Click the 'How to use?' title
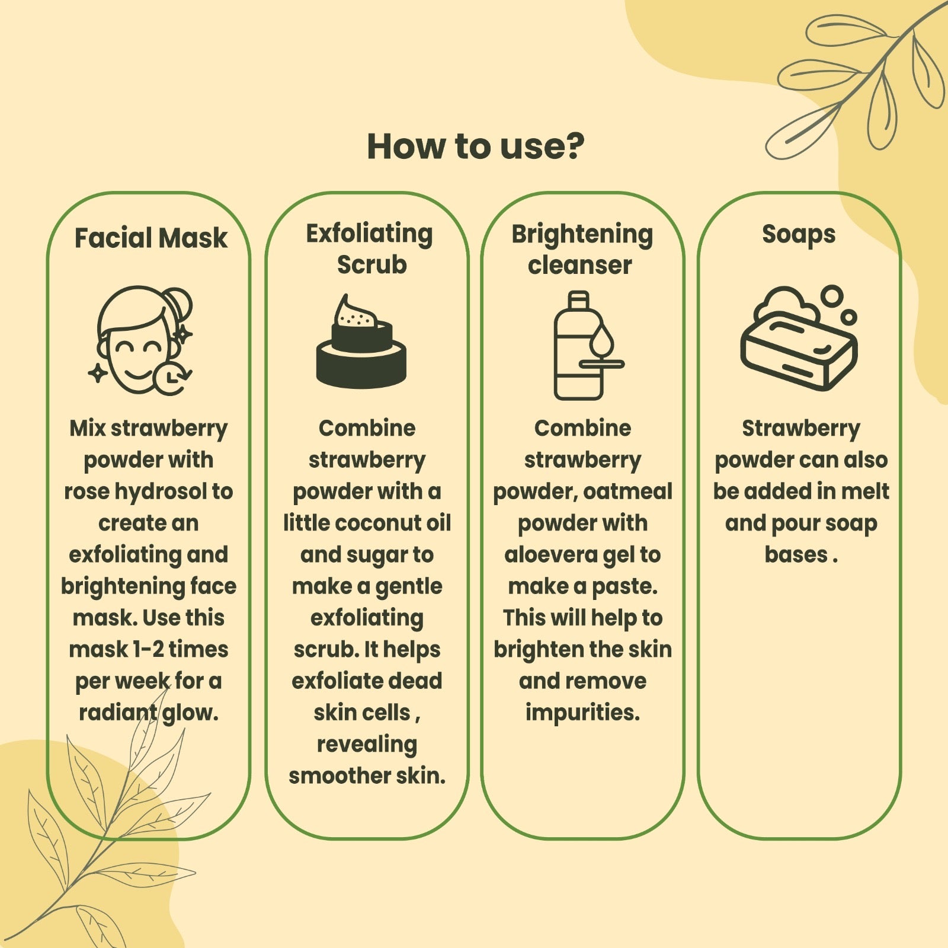coord(475,146)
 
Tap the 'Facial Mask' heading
coord(150,238)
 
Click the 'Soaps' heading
coord(799,234)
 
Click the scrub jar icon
coord(361,341)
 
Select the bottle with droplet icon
coord(588,346)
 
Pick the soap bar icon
coord(799,338)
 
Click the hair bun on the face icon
coord(180,302)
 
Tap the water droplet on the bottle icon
coord(601,341)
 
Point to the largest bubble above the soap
coord(833,296)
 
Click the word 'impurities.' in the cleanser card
coord(582,713)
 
